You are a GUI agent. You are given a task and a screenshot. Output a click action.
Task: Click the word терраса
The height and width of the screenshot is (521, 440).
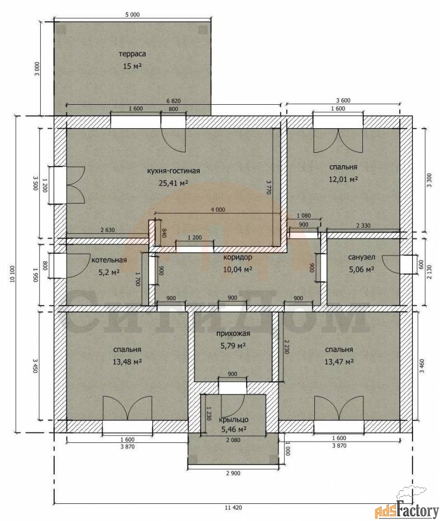coord(132,54)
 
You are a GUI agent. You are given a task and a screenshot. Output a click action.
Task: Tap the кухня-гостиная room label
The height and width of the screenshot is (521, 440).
coord(174,171)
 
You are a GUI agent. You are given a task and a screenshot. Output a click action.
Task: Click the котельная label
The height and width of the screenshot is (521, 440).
coord(109,260)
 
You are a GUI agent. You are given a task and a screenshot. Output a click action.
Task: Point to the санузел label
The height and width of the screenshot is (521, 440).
coord(361,257)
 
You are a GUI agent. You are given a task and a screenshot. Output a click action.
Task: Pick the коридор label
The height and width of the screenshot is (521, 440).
coord(237,257)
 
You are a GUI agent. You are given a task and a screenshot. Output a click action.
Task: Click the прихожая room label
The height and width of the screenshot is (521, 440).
coord(233,333)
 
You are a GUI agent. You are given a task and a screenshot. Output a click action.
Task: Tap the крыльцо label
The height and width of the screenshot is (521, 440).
coord(234,419)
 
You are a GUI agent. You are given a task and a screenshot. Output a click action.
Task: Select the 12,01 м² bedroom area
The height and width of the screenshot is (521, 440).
coord(343,179)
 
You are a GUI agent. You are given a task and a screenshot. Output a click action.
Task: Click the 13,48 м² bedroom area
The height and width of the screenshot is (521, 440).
coord(127,361)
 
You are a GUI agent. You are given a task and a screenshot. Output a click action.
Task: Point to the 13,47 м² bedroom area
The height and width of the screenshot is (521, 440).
coord(339,361)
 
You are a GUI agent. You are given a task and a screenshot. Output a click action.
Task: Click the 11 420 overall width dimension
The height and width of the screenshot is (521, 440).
coord(234,507)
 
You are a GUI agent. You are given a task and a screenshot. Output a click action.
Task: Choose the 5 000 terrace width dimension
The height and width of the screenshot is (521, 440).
coord(132,14)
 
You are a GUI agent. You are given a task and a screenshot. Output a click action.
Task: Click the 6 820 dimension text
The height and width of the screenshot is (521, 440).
coord(173,101)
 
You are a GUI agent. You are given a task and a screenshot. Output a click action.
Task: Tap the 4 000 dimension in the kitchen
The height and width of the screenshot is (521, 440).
coord(218,209)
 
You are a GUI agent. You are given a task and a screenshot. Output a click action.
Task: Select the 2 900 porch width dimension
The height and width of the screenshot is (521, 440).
coord(233,473)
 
